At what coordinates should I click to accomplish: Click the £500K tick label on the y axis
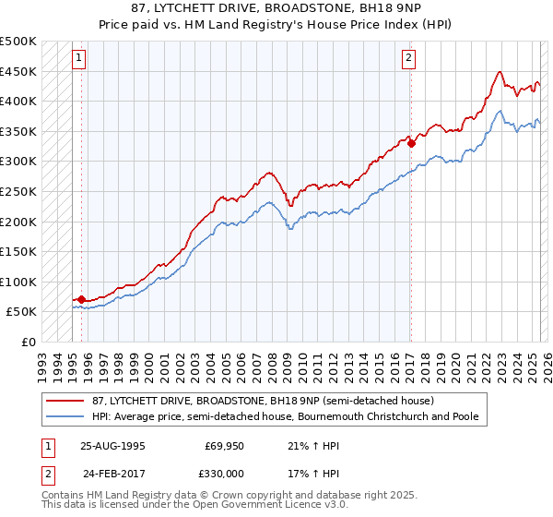click(18, 42)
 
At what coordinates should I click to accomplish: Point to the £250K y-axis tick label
click(18, 191)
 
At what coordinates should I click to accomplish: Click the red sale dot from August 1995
click(82, 299)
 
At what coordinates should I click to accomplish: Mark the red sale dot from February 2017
click(411, 143)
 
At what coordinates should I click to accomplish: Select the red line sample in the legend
click(65, 402)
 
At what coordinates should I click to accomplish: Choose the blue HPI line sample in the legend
click(65, 417)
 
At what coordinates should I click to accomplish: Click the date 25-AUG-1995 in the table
click(113, 445)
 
